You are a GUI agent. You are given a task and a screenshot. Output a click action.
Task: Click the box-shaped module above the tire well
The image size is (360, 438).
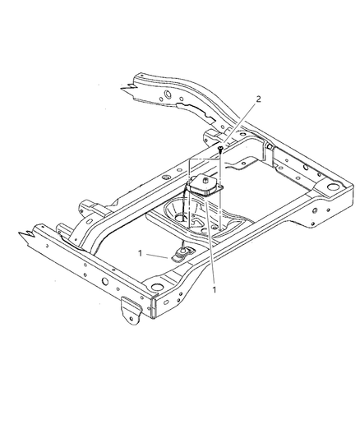click(x=206, y=187)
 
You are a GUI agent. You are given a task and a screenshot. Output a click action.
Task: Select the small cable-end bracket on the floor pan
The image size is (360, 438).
click(x=184, y=254)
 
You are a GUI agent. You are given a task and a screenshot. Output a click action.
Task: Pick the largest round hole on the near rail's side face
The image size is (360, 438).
click(x=104, y=284)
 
